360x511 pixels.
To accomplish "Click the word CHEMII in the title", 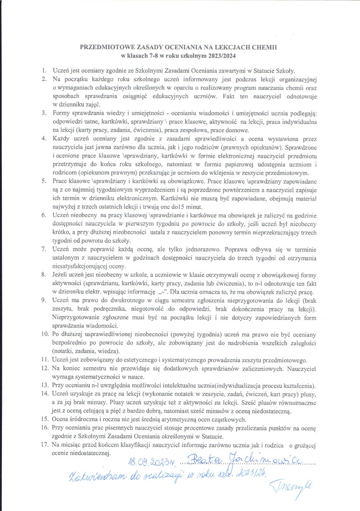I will (x=265, y=48).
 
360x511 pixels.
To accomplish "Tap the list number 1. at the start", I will (x=44, y=70).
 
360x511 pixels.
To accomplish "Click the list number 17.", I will (x=45, y=445).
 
